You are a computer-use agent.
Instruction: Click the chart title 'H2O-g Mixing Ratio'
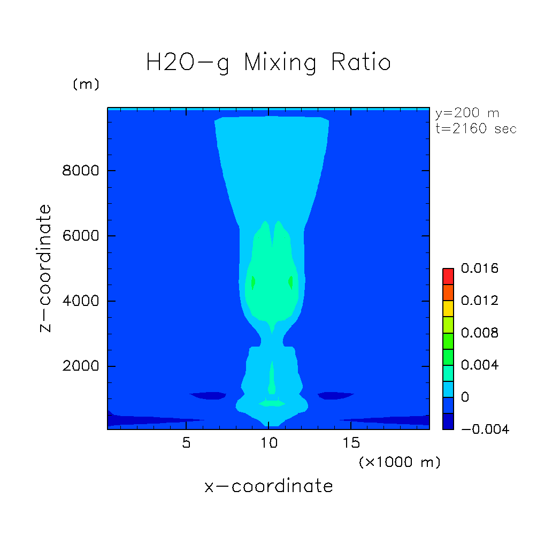click(268, 63)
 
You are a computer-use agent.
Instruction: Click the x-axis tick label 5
click(186, 444)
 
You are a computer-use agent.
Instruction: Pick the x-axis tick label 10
click(268, 444)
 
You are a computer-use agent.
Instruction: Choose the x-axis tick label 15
click(351, 444)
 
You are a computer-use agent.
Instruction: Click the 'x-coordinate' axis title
click(268, 486)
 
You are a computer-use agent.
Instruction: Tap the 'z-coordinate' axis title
click(47, 268)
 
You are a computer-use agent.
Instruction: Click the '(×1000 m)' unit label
click(400, 463)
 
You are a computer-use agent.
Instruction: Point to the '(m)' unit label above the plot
click(86, 85)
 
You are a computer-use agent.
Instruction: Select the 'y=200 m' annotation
click(466, 113)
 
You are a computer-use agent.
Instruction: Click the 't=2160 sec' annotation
click(475, 129)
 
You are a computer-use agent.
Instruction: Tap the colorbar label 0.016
click(479, 268)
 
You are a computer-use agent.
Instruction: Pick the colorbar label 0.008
click(479, 333)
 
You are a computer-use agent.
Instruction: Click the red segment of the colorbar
click(448, 277)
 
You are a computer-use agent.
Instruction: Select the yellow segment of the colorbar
click(448, 309)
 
